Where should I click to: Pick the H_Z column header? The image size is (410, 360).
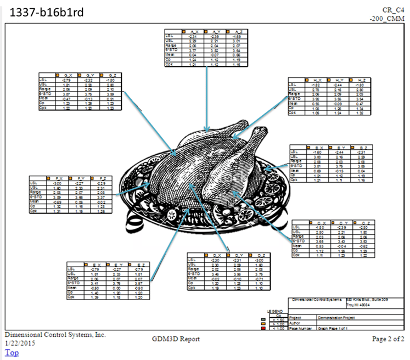(x=359, y=80)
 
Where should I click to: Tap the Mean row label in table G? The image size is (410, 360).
(x=45, y=99)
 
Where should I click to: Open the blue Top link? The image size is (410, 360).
(x=12, y=352)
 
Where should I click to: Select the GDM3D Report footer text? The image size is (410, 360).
(x=176, y=339)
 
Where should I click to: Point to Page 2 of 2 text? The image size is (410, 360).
(x=388, y=339)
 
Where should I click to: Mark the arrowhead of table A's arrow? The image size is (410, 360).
(x=206, y=131)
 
